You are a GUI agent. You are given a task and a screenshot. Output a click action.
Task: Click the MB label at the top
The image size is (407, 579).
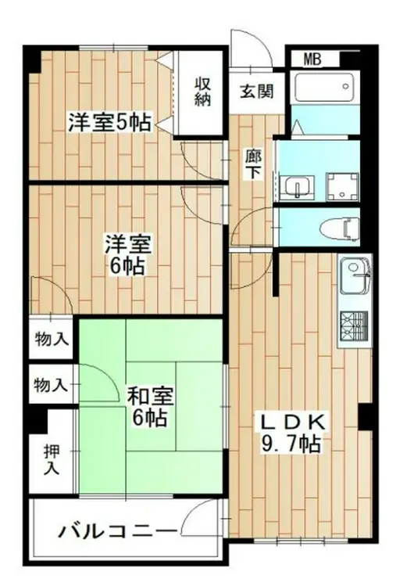coord(312,59)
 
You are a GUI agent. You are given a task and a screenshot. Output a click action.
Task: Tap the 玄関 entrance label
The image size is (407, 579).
coord(256,91)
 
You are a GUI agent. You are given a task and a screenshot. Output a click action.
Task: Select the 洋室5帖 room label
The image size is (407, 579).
coord(109,123)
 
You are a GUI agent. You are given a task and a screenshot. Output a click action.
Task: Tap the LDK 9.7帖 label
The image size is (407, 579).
coord(290,433)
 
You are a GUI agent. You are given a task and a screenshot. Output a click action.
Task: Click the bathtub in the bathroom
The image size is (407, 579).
coord(326,88)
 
